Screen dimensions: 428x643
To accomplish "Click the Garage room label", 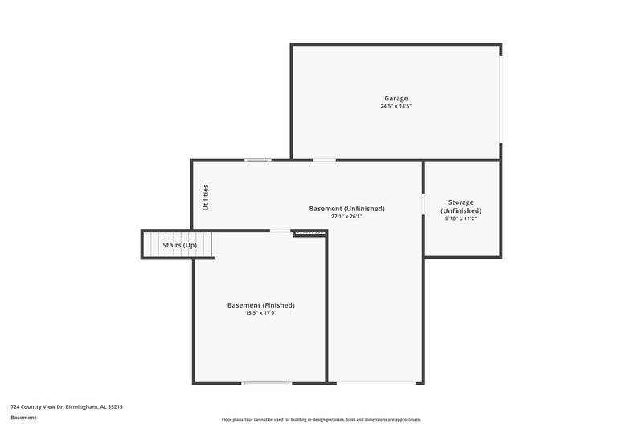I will coord(395,98).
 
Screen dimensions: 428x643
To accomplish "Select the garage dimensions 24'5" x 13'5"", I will coord(395,106).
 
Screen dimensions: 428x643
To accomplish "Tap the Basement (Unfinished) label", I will coord(346,209).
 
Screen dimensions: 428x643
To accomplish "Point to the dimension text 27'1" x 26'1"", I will coord(346,216).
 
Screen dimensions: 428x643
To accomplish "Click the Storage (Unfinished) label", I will coord(461,206).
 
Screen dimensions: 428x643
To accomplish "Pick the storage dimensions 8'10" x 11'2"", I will coord(461,218).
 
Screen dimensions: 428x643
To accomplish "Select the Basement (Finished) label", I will coord(260,305).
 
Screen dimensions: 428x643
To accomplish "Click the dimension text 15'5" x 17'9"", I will coord(260,313).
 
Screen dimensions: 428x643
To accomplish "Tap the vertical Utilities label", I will coord(206,198).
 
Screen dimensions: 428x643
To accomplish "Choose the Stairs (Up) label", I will coord(179,245).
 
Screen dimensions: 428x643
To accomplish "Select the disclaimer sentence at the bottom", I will coord(321,419).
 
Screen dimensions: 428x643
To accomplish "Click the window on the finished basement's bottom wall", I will coord(266,383).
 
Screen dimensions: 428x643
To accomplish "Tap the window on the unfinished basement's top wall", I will coord(258,160).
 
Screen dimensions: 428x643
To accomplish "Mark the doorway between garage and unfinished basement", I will coord(324,160).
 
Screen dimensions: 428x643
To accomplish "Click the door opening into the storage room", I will coord(424,204).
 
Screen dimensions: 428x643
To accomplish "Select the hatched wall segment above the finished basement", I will coord(309,233).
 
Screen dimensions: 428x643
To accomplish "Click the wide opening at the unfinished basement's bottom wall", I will coord(375,383).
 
